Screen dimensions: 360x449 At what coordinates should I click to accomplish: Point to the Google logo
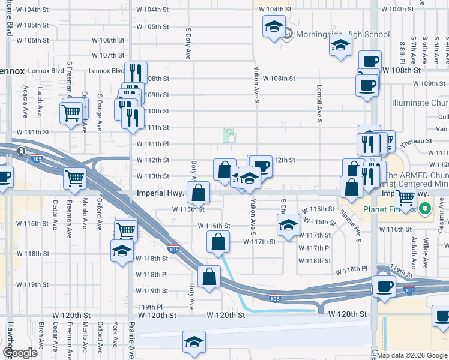[x=20, y=353]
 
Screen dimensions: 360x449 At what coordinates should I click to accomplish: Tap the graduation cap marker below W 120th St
[x=194, y=342]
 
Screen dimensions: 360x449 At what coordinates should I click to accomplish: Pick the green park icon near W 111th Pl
[x=228, y=136]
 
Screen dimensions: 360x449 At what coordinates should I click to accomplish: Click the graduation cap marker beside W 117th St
[x=288, y=225]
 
